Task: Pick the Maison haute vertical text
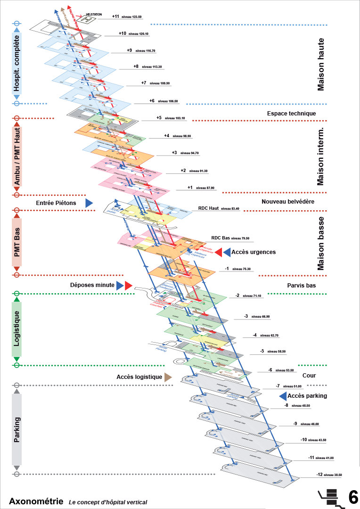321,65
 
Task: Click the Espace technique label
291,113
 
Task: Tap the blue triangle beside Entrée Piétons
89,203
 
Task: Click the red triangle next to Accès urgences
219,252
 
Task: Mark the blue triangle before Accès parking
283,396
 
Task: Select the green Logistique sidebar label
16,328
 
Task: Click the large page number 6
353,497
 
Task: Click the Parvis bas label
301,286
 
